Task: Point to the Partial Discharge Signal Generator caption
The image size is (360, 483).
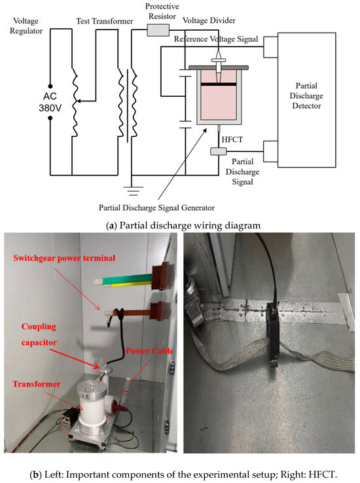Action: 157,208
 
